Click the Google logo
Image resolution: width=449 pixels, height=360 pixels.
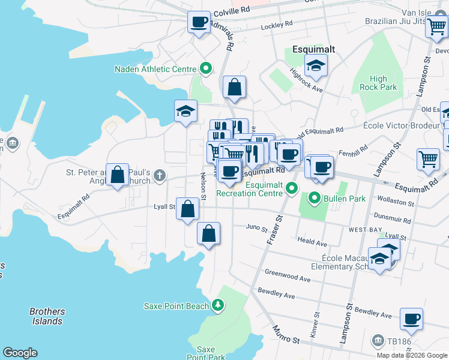[20, 353]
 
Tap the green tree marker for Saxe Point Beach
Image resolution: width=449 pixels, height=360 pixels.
[218, 305]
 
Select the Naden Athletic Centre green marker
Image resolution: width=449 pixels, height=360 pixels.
[206, 68]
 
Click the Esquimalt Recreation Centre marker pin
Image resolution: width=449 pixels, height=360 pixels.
[292, 188]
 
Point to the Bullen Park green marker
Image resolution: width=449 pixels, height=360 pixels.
[314, 197]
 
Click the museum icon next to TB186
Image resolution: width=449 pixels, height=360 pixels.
[378, 341]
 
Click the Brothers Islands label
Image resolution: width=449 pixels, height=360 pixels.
[47, 316]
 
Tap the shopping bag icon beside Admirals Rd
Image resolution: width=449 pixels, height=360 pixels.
[234, 87]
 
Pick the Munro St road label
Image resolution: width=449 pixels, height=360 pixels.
[285, 335]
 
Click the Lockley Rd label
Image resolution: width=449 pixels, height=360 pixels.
[276, 26]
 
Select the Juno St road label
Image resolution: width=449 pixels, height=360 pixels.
[256, 227]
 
